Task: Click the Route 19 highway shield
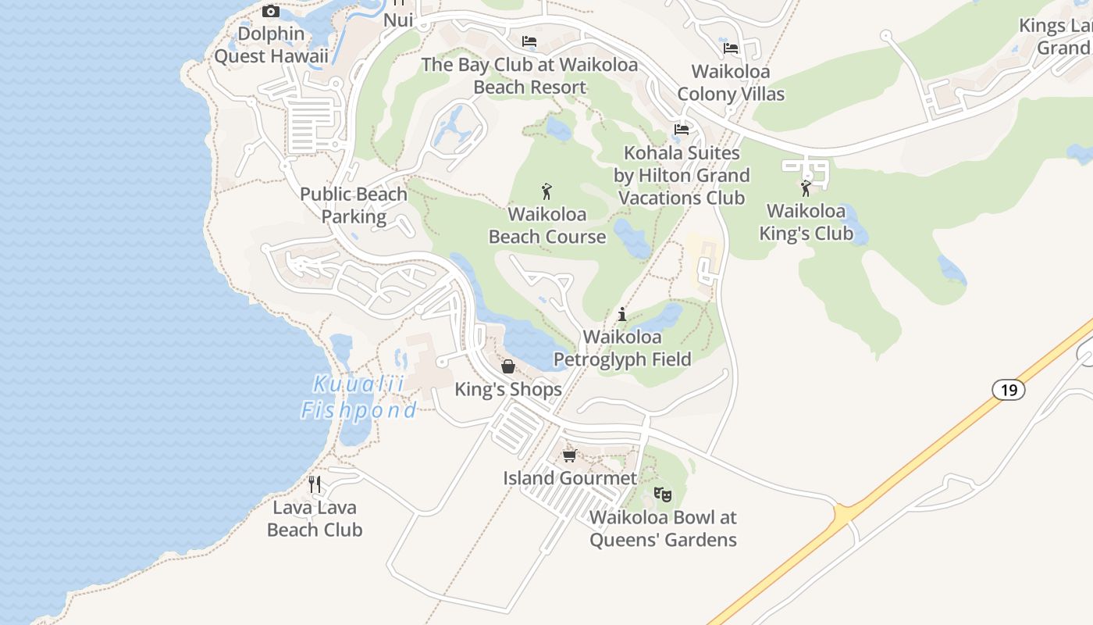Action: click(x=1009, y=389)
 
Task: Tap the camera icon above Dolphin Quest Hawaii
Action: click(x=271, y=11)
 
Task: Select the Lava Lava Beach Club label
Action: click(x=315, y=519)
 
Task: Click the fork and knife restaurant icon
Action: click(x=315, y=484)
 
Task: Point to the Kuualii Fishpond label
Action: click(x=359, y=397)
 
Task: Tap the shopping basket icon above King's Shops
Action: click(x=508, y=366)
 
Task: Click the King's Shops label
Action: click(x=508, y=389)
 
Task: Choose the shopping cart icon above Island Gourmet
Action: click(x=570, y=455)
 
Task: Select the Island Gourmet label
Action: click(x=570, y=477)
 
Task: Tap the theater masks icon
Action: click(x=663, y=494)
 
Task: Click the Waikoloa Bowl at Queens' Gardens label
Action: click(x=663, y=528)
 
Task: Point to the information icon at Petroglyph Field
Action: click(x=622, y=314)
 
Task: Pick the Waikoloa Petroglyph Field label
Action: click(x=622, y=348)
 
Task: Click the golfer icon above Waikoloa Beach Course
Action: click(x=546, y=191)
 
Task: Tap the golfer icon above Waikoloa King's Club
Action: click(x=806, y=187)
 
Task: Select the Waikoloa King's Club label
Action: click(x=806, y=222)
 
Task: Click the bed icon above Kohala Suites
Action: click(x=682, y=130)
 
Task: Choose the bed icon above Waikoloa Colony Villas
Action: click(x=731, y=48)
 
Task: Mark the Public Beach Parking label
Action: click(x=354, y=205)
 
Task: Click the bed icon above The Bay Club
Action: click(x=529, y=41)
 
